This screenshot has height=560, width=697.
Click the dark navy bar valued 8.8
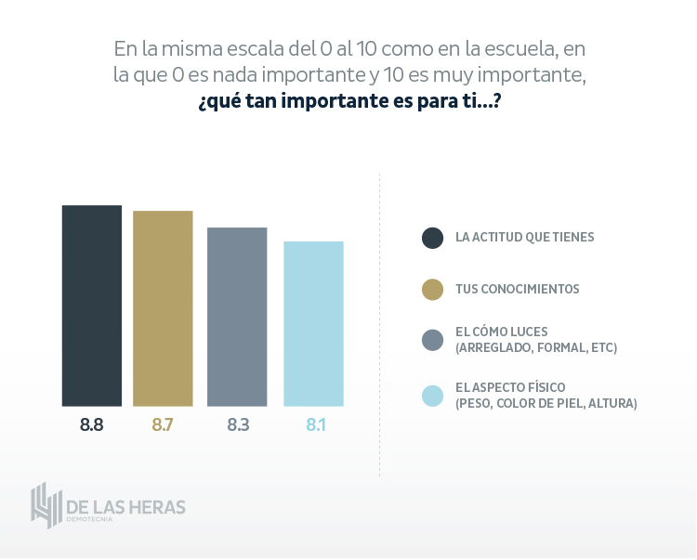pyautogui.click(x=92, y=306)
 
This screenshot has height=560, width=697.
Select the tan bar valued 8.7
pyautogui.click(x=163, y=308)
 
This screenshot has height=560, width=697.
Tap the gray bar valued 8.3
pyautogui.click(x=237, y=317)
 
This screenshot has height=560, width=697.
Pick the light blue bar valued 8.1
pyautogui.click(x=313, y=323)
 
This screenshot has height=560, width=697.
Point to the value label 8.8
pyautogui.click(x=92, y=425)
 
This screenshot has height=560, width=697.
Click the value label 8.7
pyautogui.click(x=163, y=425)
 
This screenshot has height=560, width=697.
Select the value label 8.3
pyautogui.click(x=237, y=425)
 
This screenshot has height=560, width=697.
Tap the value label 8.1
pyautogui.click(x=313, y=425)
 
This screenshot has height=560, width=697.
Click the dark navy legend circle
pyautogui.click(x=432, y=238)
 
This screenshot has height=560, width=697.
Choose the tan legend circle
pyautogui.click(x=432, y=290)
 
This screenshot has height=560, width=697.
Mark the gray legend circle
pyautogui.click(x=432, y=340)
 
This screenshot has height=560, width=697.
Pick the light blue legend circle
pyautogui.click(x=432, y=395)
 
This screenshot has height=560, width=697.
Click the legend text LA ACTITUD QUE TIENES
pyautogui.click(x=524, y=237)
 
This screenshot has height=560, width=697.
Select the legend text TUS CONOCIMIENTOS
pyautogui.click(x=517, y=290)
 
